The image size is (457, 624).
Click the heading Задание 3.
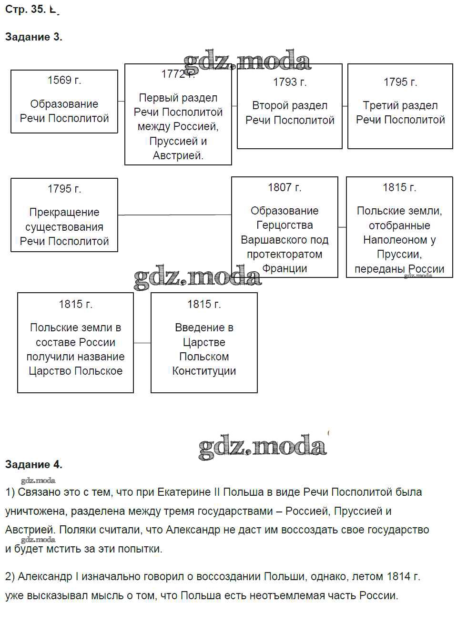[x=33, y=37]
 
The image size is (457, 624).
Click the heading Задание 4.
[x=33, y=464]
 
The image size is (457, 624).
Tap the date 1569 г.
[x=64, y=80]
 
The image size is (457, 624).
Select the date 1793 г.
[x=290, y=82]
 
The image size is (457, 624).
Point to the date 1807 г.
[x=284, y=187]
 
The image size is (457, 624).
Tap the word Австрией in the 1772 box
[x=178, y=155]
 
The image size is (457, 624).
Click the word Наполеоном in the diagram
[x=399, y=240]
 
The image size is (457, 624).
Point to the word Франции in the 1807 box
[x=284, y=268]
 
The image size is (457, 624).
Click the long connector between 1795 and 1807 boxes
[x=174, y=215]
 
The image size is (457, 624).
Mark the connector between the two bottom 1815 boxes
[x=142, y=343]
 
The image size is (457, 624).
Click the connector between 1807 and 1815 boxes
[x=342, y=227]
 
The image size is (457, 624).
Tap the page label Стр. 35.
[x=25, y=9]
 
